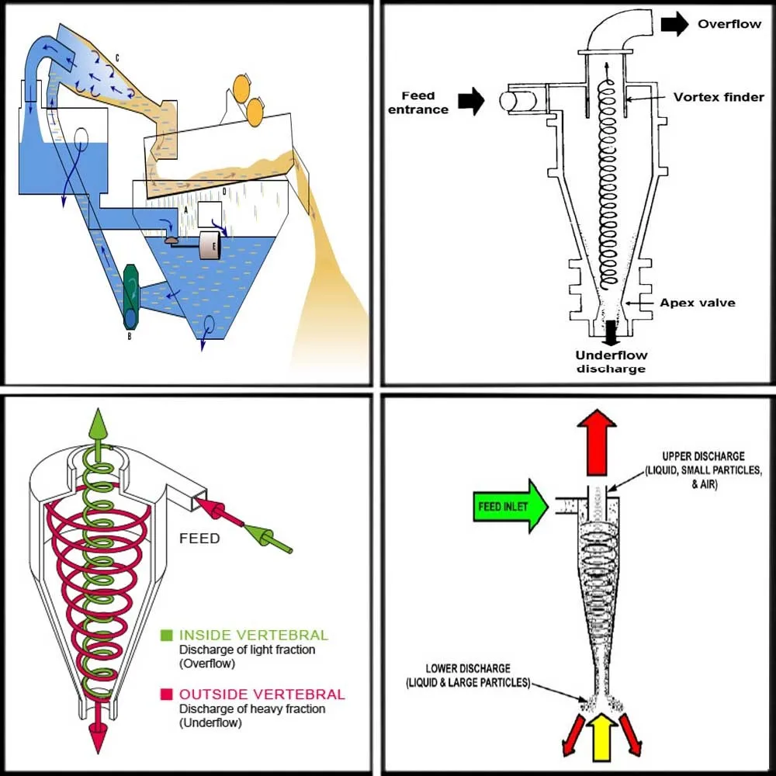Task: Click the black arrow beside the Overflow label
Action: (674, 24)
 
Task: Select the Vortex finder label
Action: (719, 97)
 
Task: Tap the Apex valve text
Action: (697, 302)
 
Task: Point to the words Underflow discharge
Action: (611, 362)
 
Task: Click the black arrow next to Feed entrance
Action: (471, 101)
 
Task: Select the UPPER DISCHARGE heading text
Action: (703, 456)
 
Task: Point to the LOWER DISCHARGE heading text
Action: (467, 668)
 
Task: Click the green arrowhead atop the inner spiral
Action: (97, 422)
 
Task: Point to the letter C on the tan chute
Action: (116, 57)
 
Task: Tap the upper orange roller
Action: (241, 88)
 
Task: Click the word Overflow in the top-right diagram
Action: (729, 24)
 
